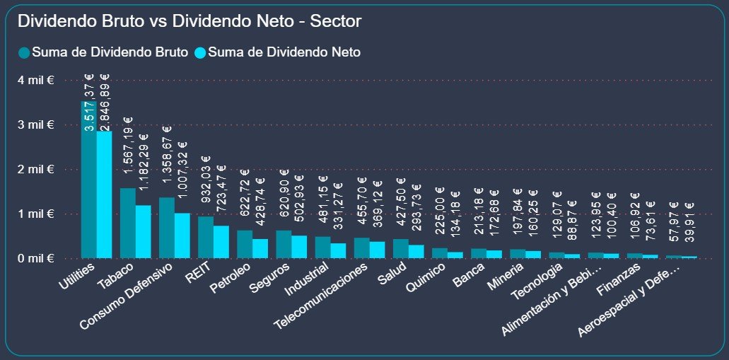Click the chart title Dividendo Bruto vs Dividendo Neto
coord(189,22)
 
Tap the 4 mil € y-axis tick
coord(37,81)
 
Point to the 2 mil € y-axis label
coord(37,170)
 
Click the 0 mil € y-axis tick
coord(37,259)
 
